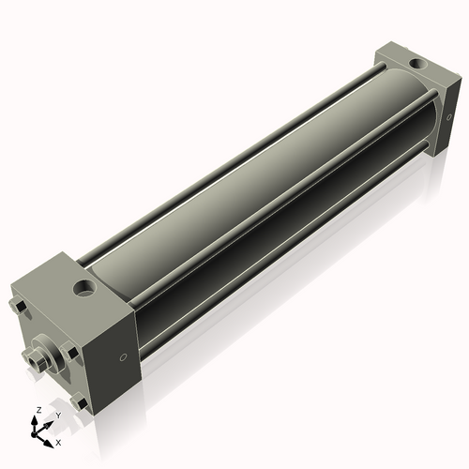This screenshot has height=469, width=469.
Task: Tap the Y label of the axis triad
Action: pos(57,416)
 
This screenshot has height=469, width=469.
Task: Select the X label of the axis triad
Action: pos(59,441)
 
